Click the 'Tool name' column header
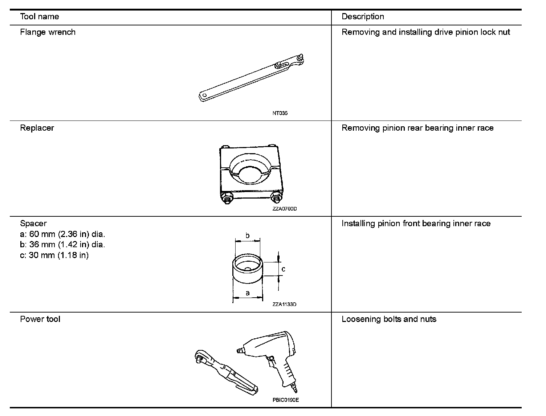39,17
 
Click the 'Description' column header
362,17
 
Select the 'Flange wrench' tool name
48,32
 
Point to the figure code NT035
280,113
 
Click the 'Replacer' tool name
37,128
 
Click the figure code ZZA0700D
285,209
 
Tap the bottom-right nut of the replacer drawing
276,197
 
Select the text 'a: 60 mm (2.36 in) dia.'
62,234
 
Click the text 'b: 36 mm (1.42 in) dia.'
62,245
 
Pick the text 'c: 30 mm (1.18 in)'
54,255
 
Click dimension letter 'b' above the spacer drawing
248,236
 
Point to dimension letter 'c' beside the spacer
283,269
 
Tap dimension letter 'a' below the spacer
248,293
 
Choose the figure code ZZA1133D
284,305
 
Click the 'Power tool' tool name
40,319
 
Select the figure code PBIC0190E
286,400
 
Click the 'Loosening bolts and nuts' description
389,319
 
